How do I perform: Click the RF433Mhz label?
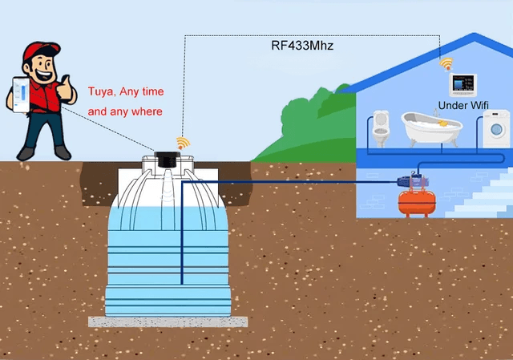coord(302,45)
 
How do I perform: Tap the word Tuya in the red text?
coord(102,91)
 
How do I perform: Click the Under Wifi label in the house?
coord(463,105)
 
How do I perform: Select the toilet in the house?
coord(382,128)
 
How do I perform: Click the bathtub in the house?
coord(432,128)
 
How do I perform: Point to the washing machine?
coord(496,128)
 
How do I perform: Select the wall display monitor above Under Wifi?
coord(463,85)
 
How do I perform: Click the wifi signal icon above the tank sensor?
coord(183,143)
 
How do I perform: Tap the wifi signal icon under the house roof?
coord(446,64)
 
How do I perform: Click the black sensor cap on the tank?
coord(168,160)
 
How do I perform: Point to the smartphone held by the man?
coord(21,95)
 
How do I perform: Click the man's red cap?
coord(41,51)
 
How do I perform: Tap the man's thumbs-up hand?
coord(67,87)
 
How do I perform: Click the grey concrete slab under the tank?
coord(168,322)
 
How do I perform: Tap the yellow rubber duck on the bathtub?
coord(442,123)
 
